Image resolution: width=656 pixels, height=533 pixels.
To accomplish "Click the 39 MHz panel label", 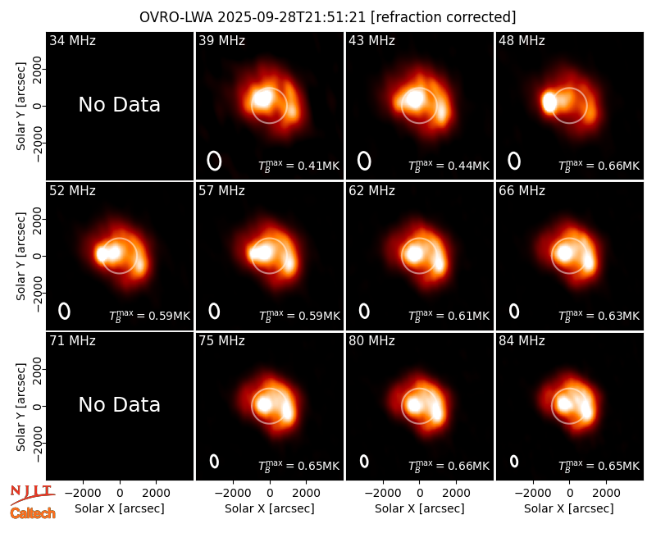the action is point(221,40).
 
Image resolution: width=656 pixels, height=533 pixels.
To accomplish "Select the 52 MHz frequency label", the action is point(72,191).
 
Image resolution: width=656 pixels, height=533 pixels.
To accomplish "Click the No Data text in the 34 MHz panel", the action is point(119,105).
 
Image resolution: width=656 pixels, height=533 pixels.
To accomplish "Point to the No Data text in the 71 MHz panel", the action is point(119,405).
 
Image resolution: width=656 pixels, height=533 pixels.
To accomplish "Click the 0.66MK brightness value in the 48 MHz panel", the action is point(619,166).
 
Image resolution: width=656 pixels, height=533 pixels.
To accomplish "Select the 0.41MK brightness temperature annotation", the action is point(318,166).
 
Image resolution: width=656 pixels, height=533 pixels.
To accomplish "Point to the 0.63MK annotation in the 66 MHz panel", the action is point(619,316).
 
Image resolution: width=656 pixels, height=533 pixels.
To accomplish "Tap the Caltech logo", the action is point(33,513).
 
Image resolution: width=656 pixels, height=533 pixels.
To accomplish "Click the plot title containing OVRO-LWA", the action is point(327,17).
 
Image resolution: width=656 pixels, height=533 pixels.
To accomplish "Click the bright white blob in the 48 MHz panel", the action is point(549,102).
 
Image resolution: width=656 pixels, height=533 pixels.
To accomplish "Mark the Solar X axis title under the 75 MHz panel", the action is point(270,508).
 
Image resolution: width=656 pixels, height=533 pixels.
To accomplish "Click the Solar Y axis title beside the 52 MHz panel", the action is point(21,256).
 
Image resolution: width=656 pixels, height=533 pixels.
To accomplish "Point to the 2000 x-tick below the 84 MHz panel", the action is point(606,493).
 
